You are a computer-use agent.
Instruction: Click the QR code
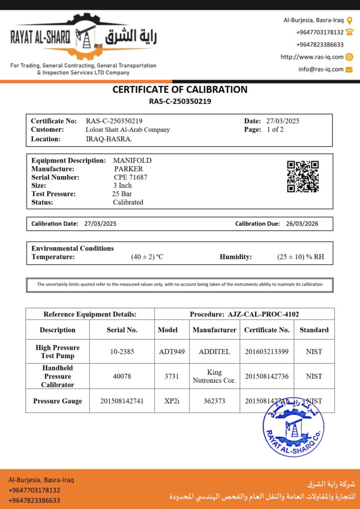click(x=303, y=176)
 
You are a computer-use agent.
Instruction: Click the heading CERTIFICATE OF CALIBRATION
click(x=180, y=90)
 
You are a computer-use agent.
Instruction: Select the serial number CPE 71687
click(x=131, y=177)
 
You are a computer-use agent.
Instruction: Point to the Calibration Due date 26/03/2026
click(x=302, y=224)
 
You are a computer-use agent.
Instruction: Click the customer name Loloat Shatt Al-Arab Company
click(x=128, y=130)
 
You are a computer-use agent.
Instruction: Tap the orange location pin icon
click(x=349, y=20)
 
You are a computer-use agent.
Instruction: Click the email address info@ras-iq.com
click(x=321, y=69)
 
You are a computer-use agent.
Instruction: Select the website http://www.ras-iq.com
click(x=312, y=57)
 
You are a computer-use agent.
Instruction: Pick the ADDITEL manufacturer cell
click(x=214, y=351)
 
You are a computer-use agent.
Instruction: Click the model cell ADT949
click(x=172, y=351)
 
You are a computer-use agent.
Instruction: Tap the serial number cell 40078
click(x=122, y=376)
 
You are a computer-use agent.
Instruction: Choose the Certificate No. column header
click(x=267, y=330)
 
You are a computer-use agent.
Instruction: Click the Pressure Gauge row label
click(x=58, y=401)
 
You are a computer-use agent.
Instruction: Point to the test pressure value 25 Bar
click(x=122, y=194)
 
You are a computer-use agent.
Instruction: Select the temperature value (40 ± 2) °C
click(x=147, y=257)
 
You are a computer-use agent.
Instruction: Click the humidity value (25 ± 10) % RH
click(x=300, y=257)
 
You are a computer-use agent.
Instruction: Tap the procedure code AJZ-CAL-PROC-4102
click(x=263, y=314)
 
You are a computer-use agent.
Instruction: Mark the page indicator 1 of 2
click(x=275, y=130)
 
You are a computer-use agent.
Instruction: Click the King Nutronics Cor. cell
click(x=214, y=376)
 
